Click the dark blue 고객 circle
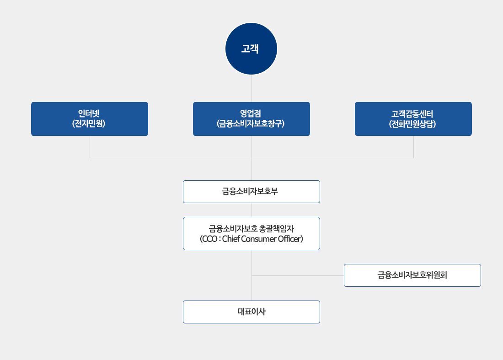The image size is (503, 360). pos(251,48)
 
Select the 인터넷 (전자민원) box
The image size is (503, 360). pos(90,119)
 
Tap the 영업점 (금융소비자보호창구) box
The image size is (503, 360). pos(251,119)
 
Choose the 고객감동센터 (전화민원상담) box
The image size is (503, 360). pos(413,119)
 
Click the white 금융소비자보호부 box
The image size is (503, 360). pos(251,192)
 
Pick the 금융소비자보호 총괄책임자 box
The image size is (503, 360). pos(251,233)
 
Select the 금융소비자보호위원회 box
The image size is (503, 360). pos(412,275)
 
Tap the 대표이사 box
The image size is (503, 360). pos(251,312)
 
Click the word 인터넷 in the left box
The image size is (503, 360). pos(89,114)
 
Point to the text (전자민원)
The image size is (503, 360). pos(89,124)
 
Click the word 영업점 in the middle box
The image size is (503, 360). pos(251,114)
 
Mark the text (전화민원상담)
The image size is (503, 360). pos(413,124)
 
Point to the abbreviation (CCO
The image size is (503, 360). pos(209,239)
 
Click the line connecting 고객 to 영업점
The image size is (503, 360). pos(251,89)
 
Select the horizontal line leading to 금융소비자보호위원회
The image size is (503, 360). pos(297,275)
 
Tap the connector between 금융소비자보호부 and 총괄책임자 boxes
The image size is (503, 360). pos(251,210)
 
